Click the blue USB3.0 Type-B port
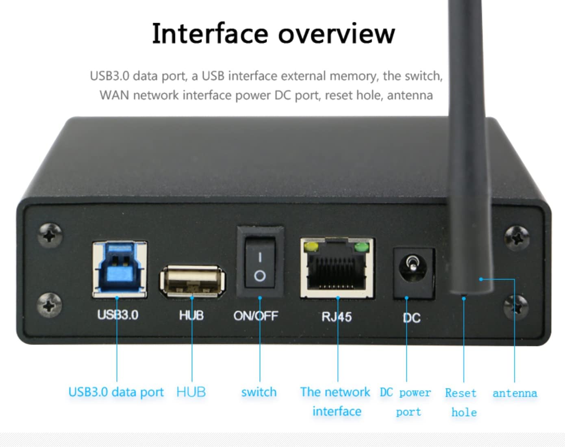click(x=120, y=269)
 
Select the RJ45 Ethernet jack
click(x=337, y=269)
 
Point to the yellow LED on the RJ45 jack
click(x=312, y=247)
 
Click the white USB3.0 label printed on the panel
click(x=118, y=315)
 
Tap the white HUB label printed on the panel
click(x=191, y=315)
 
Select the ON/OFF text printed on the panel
click(x=256, y=316)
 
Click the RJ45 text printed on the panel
click(x=337, y=317)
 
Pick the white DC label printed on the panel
click(x=411, y=318)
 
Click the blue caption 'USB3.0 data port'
click(x=116, y=392)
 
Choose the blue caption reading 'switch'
click(x=259, y=392)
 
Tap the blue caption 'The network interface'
click(x=336, y=401)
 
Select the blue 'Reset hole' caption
click(x=462, y=402)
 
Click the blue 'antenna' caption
click(x=515, y=393)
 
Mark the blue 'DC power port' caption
click(x=406, y=402)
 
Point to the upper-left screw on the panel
click(x=50, y=234)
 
